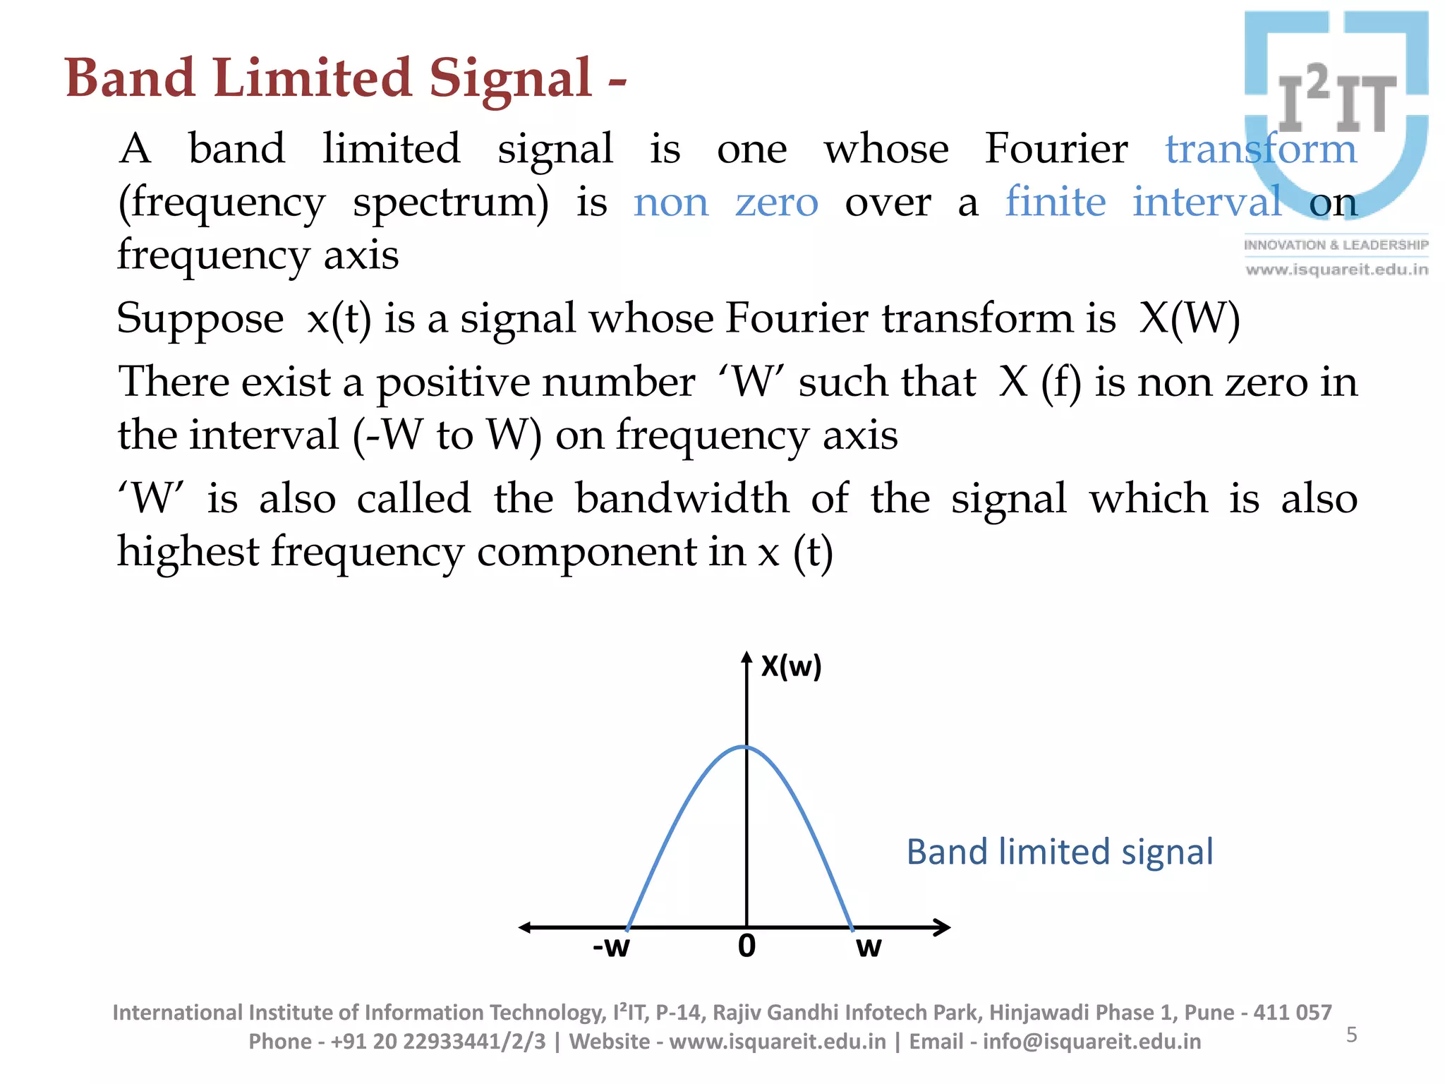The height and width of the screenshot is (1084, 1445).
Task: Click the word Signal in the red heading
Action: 509,78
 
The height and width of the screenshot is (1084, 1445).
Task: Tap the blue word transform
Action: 1260,149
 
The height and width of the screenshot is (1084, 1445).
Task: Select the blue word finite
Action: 1055,202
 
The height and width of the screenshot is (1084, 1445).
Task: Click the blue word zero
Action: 776,203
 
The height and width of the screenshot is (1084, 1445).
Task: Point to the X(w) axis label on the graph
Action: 791,666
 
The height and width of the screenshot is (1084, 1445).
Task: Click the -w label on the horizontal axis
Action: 611,946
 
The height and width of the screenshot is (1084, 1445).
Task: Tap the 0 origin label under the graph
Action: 746,946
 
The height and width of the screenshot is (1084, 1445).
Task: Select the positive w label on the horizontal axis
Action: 869,946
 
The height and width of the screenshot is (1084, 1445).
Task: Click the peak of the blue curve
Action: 746,747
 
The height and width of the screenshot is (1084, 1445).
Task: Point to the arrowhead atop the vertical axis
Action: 746,658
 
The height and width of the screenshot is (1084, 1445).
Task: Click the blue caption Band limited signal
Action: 1059,852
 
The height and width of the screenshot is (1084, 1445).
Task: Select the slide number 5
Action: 1351,1035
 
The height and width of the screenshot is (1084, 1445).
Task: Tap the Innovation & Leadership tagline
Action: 1336,245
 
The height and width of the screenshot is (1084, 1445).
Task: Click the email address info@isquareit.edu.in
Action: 1092,1042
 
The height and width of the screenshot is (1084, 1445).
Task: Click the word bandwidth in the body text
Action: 682,499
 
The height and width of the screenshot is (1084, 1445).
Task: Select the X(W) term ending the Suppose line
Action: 1190,319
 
